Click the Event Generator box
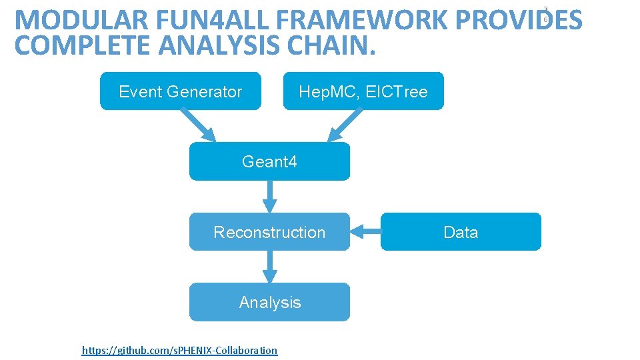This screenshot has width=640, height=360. tap(180, 91)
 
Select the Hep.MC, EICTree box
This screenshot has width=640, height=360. tap(363, 91)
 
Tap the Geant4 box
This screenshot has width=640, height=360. tap(269, 161)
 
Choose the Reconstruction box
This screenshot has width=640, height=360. tap(269, 232)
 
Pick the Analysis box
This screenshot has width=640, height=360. tap(269, 302)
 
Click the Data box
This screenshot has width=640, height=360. tap(461, 232)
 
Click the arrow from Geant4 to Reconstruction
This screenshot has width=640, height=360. tap(269, 197)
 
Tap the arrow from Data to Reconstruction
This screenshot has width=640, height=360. tap(365, 232)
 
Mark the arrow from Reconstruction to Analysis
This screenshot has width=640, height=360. tap(269, 267)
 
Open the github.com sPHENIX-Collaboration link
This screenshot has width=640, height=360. tap(179, 350)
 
